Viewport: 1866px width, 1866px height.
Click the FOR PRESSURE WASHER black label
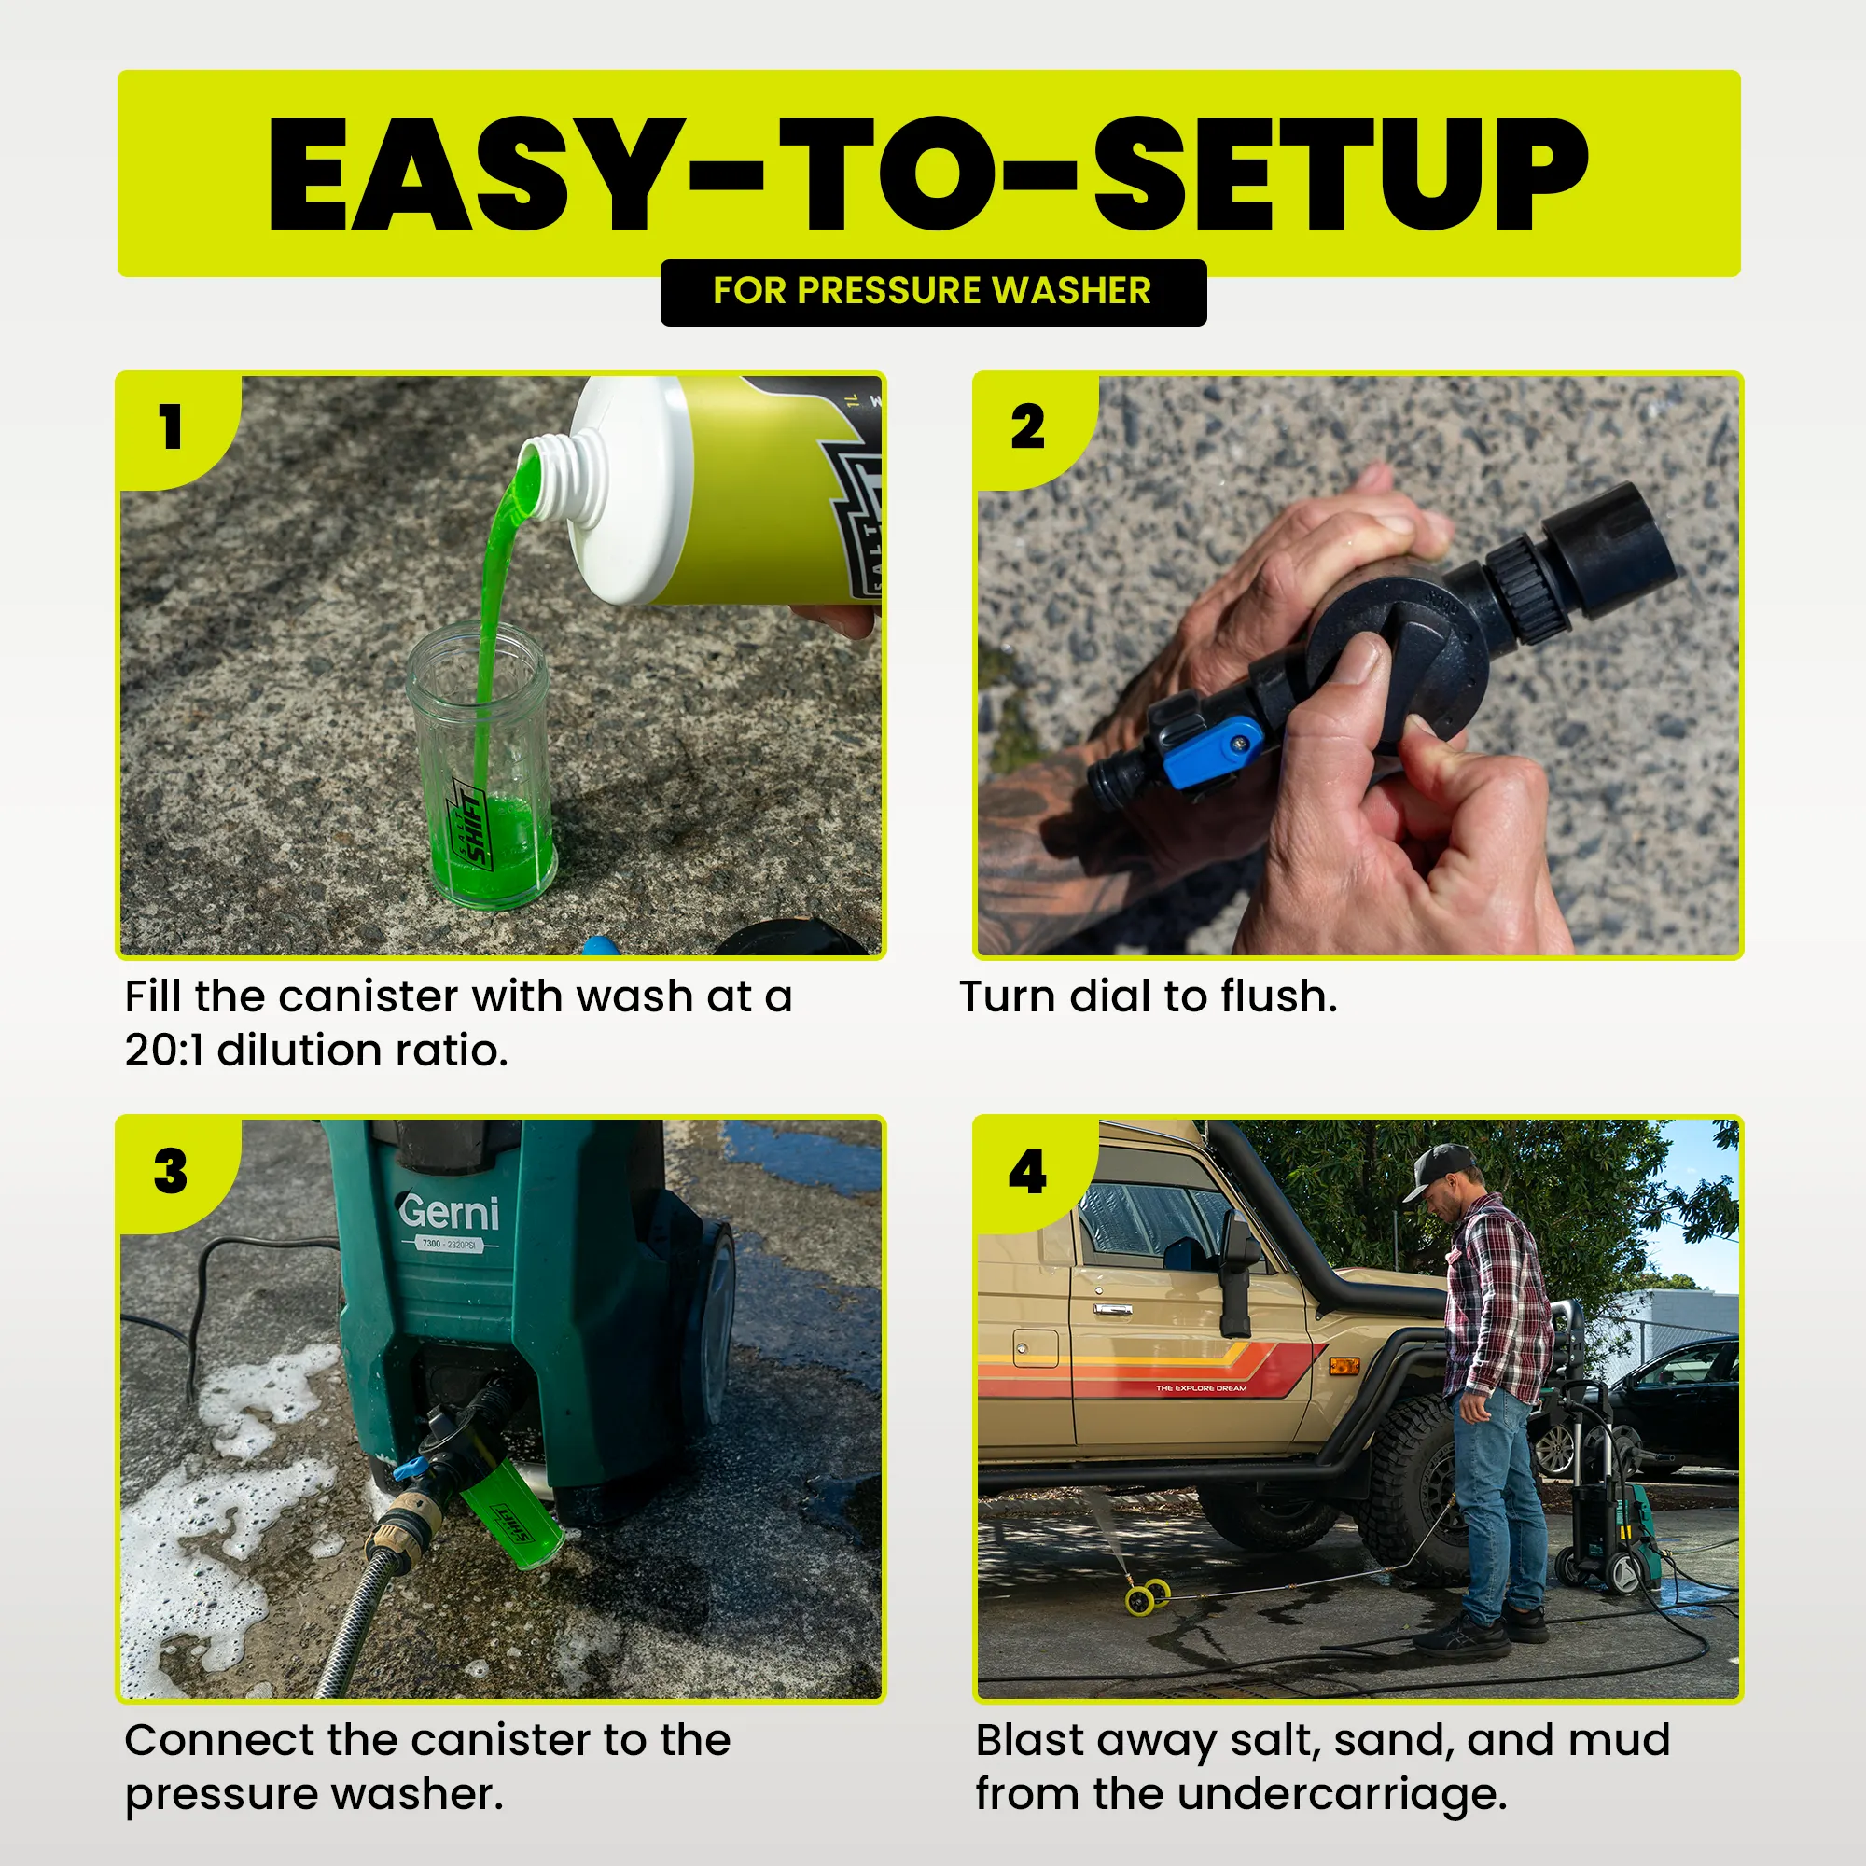pyautogui.click(x=933, y=293)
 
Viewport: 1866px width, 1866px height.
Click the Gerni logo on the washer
pyautogui.click(x=450, y=1211)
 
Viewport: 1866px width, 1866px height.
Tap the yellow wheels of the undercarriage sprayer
pyautogui.click(x=1148, y=1594)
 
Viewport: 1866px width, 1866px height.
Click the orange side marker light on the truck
pyautogui.click(x=1344, y=1366)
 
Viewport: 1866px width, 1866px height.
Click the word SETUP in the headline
pyautogui.click(x=1340, y=174)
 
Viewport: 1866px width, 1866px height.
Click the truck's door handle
pyautogui.click(x=1113, y=1310)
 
